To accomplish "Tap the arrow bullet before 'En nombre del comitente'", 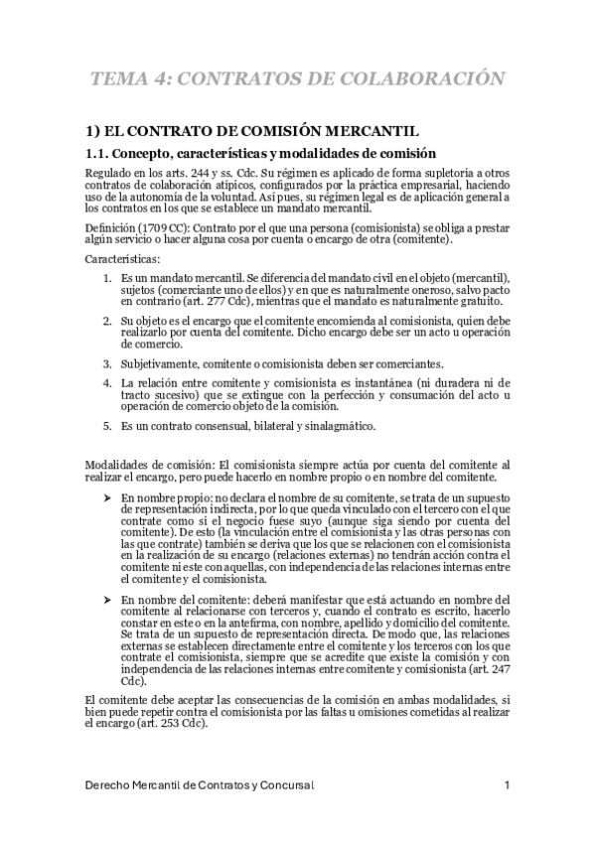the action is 107,601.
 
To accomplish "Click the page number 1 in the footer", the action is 507,786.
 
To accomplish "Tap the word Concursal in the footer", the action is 285,786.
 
